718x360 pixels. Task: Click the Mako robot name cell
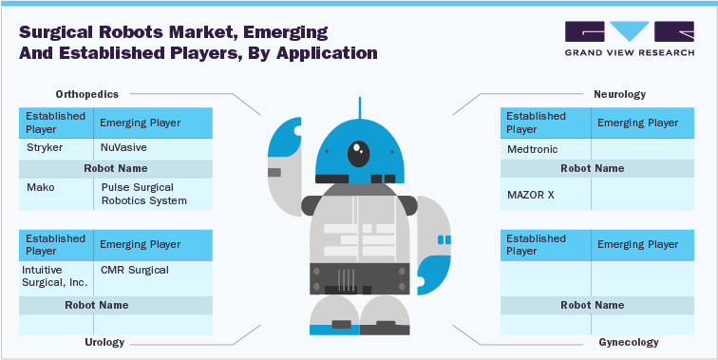coord(41,187)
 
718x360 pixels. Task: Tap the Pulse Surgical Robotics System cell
coord(143,194)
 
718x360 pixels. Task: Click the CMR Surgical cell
coord(134,270)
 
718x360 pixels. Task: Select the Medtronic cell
coord(533,149)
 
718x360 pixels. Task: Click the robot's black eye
coord(359,149)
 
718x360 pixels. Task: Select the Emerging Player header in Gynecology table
coord(636,245)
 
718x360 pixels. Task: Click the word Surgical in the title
coord(55,30)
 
